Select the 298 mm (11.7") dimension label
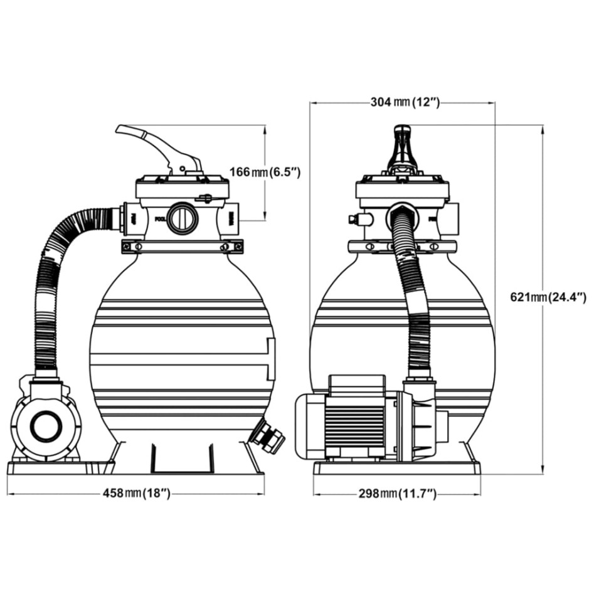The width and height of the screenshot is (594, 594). (398, 494)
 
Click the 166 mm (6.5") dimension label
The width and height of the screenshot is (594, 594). (265, 171)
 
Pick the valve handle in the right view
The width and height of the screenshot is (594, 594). (402, 147)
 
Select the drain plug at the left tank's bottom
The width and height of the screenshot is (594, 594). (268, 437)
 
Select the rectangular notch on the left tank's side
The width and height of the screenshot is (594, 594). (271, 358)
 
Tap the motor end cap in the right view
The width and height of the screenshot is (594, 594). (310, 425)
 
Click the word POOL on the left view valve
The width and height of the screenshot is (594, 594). (159, 220)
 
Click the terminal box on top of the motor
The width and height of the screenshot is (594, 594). (357, 385)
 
